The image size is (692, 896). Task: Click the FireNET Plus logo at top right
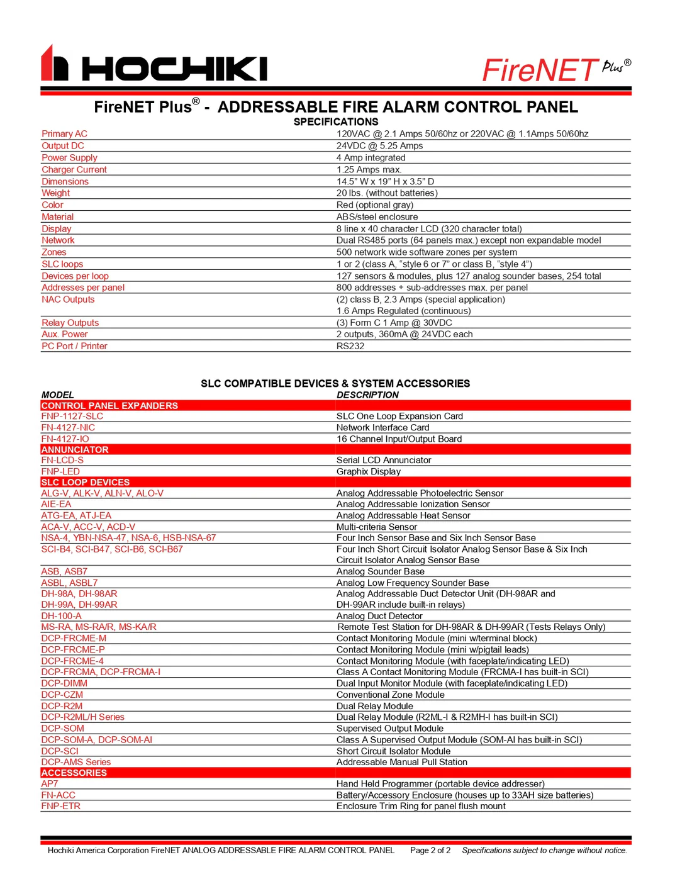coord(556,70)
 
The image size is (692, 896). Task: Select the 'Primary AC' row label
coord(64,134)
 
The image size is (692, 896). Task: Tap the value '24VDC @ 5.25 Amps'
coord(379,146)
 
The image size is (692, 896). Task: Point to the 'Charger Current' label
coord(74,170)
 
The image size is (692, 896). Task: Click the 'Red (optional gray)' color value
coord(375,205)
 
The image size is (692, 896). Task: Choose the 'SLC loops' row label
coord(62,264)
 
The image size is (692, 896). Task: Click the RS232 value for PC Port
coord(350,346)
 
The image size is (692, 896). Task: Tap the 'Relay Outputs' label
coord(70,323)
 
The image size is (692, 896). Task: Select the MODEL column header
coord(58,395)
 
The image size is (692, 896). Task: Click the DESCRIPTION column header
coord(367,395)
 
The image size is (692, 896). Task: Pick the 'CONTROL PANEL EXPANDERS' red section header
coord(109,406)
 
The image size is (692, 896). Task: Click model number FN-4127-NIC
coord(68,428)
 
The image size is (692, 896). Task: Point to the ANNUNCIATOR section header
coord(75,450)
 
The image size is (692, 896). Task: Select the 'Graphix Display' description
coord(368,472)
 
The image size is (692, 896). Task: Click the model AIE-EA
coord(57,505)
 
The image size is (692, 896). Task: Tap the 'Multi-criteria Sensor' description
coord(376,527)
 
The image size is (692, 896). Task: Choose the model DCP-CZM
coord(62,695)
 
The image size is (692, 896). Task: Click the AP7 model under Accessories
coord(50,784)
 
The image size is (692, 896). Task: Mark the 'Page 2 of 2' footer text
coord(430,851)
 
